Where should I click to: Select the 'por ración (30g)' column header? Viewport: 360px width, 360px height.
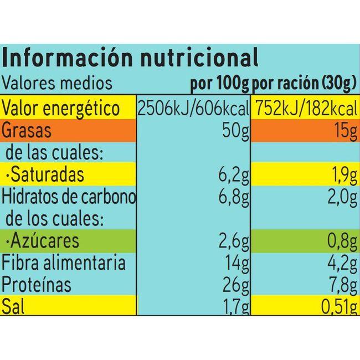coord(304,84)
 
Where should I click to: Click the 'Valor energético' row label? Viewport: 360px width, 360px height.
coord(61,107)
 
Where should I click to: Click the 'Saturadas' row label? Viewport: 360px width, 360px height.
coord(49,175)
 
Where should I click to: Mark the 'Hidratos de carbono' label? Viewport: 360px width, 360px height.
coord(69,197)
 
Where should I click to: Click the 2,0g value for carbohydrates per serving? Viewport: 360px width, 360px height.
coord(340,197)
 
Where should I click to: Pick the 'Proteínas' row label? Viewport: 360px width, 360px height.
coord(37,285)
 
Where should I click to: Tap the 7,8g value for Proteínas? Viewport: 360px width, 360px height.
coord(340,285)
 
